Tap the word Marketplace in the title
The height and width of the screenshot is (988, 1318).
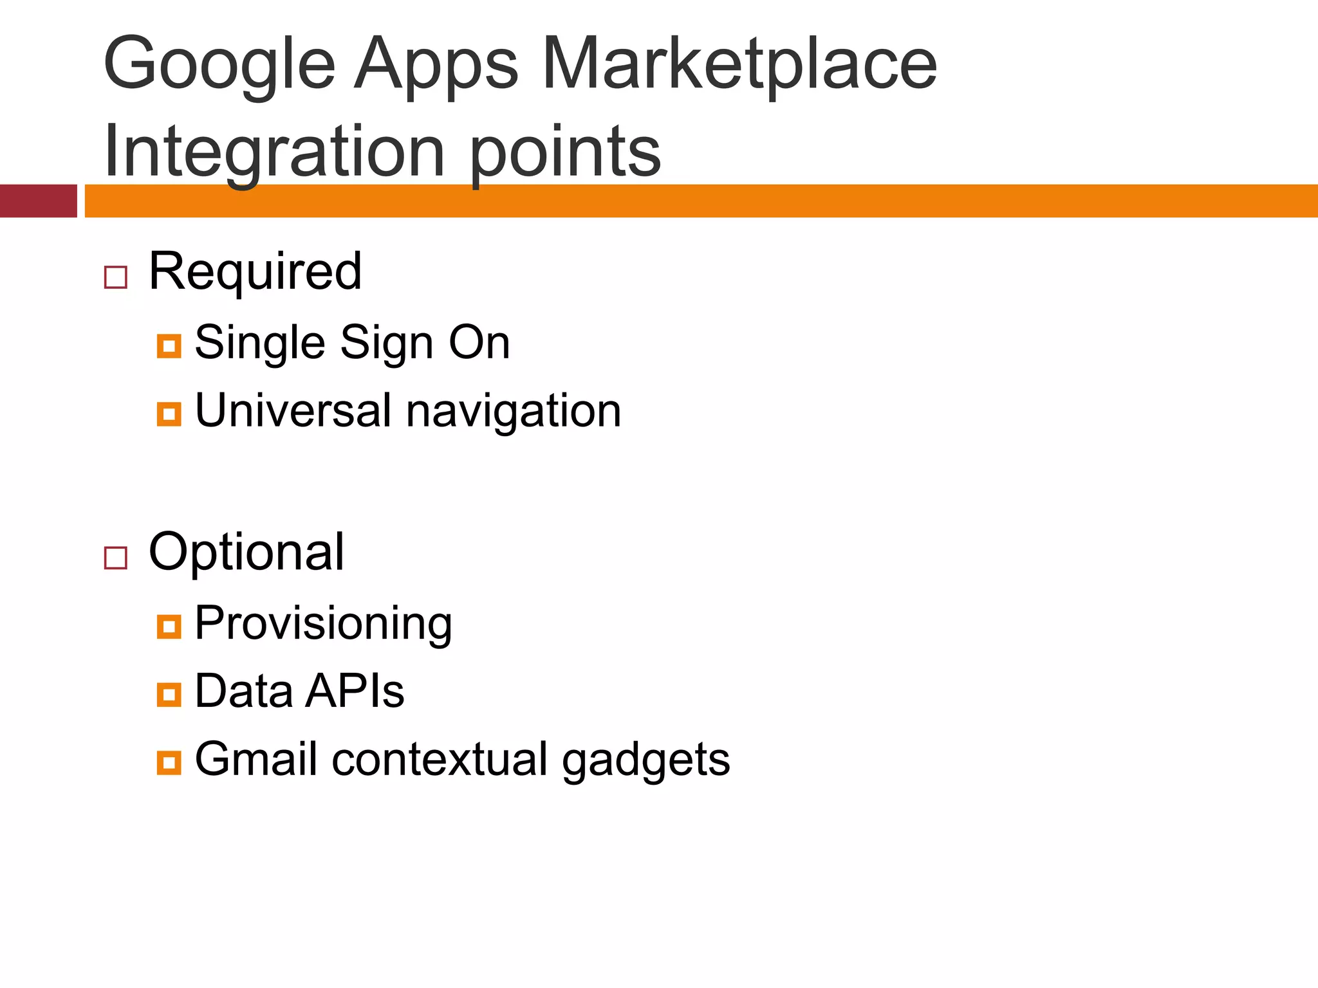click(739, 64)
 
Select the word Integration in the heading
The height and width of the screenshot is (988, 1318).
click(274, 153)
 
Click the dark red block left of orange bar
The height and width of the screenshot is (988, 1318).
click(38, 201)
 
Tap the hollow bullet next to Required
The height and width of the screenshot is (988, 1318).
click(116, 277)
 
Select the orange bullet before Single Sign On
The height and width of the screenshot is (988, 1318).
click(169, 346)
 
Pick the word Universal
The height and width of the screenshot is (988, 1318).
click(293, 410)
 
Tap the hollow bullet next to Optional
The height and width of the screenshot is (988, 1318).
click(116, 558)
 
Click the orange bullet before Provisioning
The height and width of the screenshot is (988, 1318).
click(169, 627)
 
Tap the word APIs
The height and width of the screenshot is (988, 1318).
click(355, 691)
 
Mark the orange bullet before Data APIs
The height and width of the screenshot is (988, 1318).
click(169, 695)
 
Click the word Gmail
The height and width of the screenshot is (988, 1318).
click(255, 760)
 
